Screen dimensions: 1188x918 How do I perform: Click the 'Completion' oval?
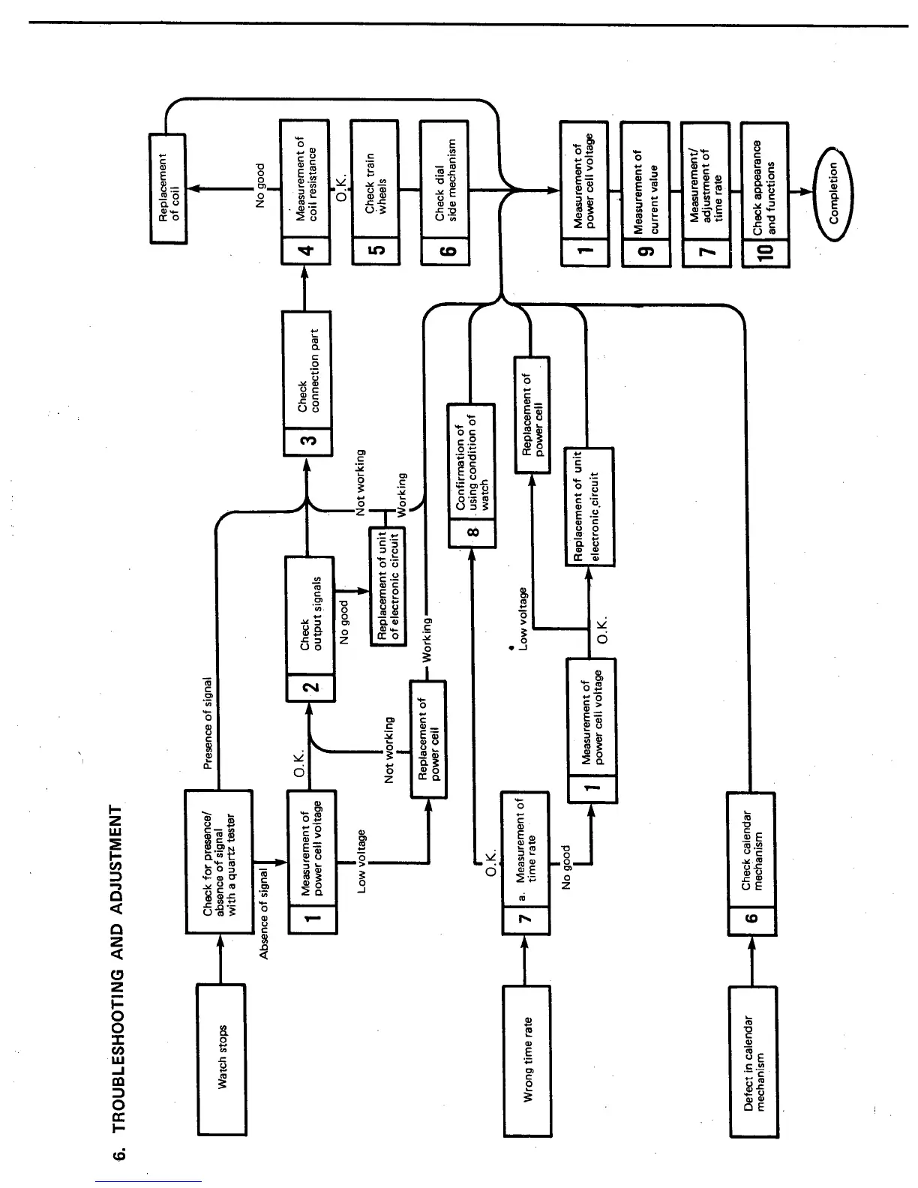pyautogui.click(x=838, y=193)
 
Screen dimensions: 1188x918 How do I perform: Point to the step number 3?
pyautogui.click(x=307, y=440)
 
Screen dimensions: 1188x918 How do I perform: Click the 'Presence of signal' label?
pyautogui.click(x=208, y=723)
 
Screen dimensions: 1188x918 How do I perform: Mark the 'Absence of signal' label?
pyautogui.click(x=264, y=913)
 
